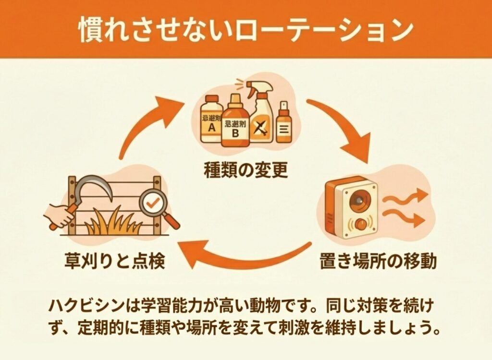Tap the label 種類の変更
246,170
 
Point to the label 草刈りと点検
115,262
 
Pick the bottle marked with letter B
235,122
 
